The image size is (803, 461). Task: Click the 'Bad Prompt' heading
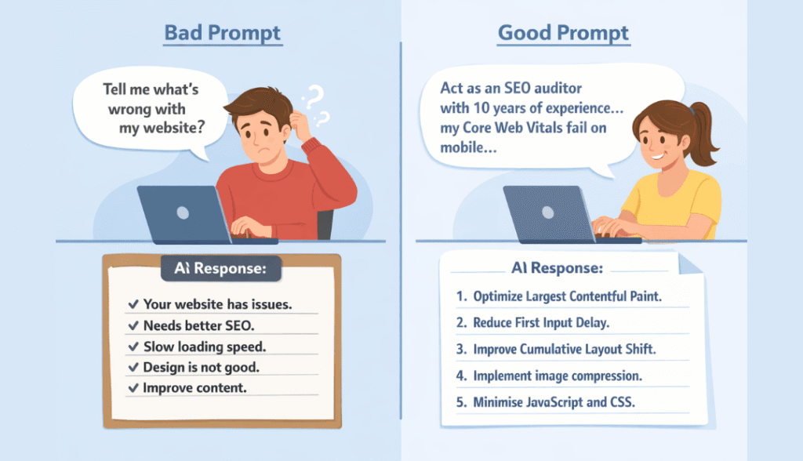(x=222, y=33)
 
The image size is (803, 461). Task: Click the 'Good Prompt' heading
(x=563, y=33)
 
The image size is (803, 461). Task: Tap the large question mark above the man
(x=314, y=96)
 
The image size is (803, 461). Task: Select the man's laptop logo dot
(x=182, y=212)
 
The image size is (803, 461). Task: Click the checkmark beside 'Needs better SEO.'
(x=133, y=325)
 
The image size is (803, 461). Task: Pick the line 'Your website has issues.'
(x=218, y=304)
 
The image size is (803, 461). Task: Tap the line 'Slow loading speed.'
(x=205, y=347)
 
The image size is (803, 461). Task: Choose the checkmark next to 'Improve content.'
(x=133, y=388)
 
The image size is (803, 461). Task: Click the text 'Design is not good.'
(x=202, y=367)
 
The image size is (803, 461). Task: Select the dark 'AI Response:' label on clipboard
(x=220, y=268)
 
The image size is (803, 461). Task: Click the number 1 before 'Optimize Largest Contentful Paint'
(x=461, y=296)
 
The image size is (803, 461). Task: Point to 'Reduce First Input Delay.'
(x=541, y=323)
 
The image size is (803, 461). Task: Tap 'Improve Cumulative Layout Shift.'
(x=565, y=350)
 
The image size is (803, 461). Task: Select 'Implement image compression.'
(x=558, y=376)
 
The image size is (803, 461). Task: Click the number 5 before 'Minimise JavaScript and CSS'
(x=461, y=403)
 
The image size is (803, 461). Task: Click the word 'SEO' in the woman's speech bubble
(x=518, y=88)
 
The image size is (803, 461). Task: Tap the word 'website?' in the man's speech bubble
(x=173, y=128)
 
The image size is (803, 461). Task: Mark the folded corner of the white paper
(x=690, y=263)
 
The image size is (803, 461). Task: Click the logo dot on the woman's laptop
(x=547, y=212)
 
